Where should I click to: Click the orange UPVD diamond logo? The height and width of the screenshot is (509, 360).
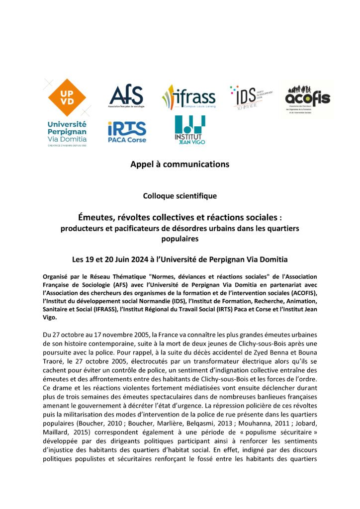(x=67, y=97)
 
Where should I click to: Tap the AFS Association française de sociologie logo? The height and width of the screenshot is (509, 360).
(x=126, y=96)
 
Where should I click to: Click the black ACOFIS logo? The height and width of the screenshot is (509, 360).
(x=307, y=98)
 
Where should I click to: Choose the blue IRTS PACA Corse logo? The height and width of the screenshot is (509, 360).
(x=127, y=132)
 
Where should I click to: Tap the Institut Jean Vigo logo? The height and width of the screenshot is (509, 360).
(x=189, y=130)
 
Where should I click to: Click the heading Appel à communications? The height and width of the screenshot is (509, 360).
(x=180, y=164)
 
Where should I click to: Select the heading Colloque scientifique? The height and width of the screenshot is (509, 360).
(x=180, y=196)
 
